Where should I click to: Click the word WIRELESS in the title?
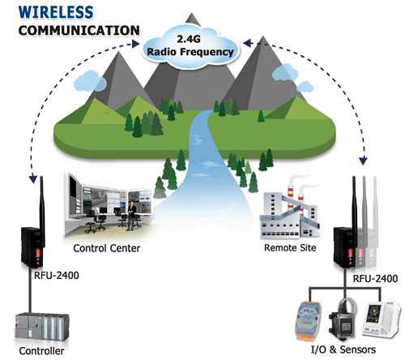pos(56,12)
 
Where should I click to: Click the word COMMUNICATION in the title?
pos(79,30)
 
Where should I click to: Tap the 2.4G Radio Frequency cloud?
pos(190,46)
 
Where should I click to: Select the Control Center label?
pos(107,248)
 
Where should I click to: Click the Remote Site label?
pos(290,247)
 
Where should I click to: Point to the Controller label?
pos(41,351)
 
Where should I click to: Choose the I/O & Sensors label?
pos(343,349)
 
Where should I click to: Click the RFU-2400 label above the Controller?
pos(57,276)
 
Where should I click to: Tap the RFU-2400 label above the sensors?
pos(375,278)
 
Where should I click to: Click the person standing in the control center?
pos(131,216)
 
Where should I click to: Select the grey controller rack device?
pos(42,328)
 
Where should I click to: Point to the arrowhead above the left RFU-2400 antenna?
pos(33,178)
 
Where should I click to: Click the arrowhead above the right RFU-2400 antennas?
pos(364,161)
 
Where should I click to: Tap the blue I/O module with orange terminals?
pos(308,320)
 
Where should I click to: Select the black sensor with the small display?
pos(343,320)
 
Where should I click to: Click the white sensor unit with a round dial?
pos(381,320)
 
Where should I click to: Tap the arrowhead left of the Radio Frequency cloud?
pos(136,44)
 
